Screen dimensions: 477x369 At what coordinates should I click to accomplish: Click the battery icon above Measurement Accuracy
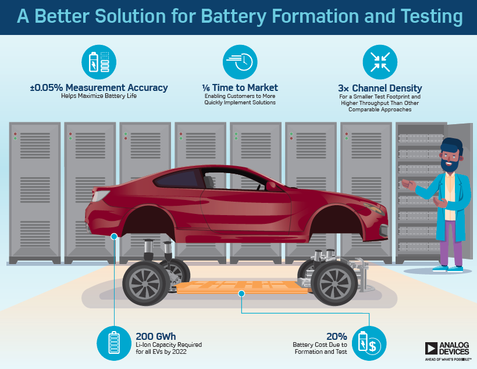[x=99, y=62]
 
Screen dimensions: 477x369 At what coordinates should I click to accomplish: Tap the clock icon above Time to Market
[x=240, y=62]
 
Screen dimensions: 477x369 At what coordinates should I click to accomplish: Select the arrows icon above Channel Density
[x=380, y=62]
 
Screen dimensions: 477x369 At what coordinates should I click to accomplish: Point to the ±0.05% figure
[x=47, y=87]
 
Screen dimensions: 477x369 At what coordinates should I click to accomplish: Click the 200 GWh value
[x=156, y=336]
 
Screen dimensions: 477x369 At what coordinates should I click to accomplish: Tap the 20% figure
[x=337, y=336]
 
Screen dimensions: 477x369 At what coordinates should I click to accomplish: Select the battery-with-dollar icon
[x=369, y=343]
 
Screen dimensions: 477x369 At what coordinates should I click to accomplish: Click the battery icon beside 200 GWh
[x=114, y=343]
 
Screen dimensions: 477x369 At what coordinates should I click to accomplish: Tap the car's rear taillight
[x=101, y=195]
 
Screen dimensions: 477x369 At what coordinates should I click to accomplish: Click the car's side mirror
[x=270, y=186]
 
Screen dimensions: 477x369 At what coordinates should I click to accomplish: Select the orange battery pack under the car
[x=242, y=287]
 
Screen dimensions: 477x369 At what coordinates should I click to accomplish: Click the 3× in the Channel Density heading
[x=343, y=88]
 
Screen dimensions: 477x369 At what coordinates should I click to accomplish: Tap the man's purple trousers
[x=451, y=243]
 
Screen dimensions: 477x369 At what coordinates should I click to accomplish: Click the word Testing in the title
[x=432, y=16]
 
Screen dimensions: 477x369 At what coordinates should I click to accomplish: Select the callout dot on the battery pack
[x=241, y=294]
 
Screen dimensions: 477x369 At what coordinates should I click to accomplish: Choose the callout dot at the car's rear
[x=114, y=236]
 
